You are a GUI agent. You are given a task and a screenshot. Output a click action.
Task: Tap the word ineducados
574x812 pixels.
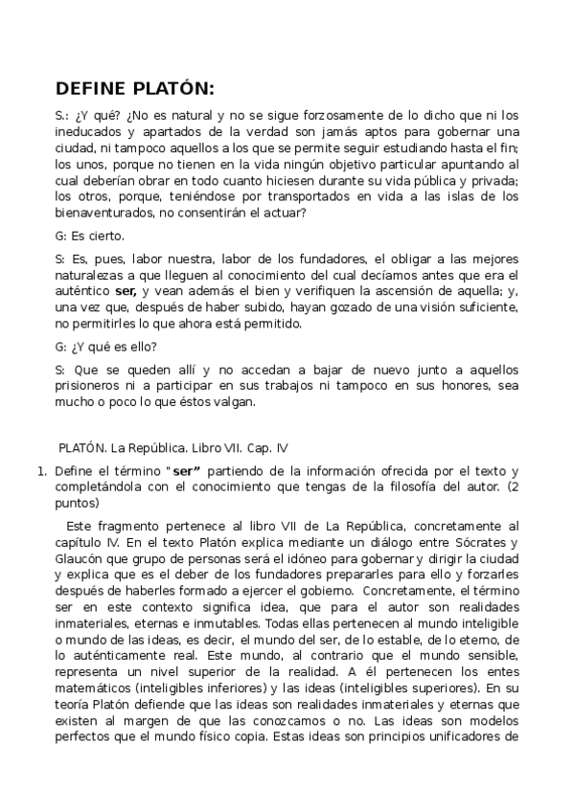coord(90,131)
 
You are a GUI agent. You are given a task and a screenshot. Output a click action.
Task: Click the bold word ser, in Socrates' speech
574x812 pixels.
coord(126,290)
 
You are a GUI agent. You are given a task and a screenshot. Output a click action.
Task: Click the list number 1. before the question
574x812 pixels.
coord(41,471)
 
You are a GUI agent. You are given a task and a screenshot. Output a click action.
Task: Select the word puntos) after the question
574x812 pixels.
coord(78,502)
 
